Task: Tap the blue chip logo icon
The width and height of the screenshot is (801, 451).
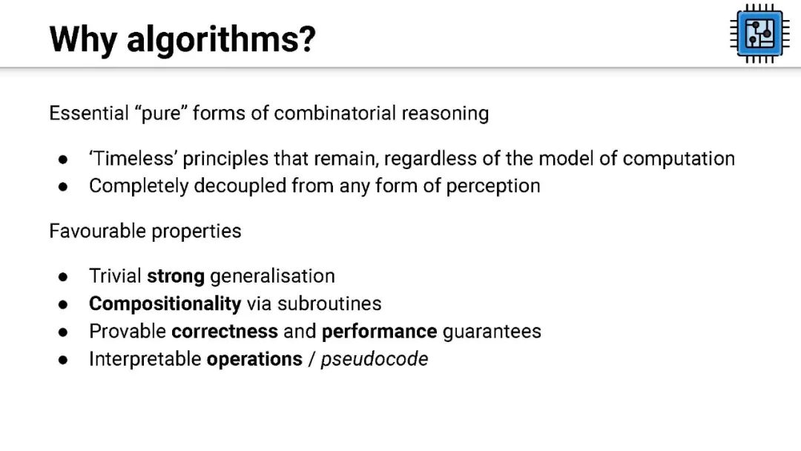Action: click(x=759, y=34)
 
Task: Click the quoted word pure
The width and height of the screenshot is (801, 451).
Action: click(x=161, y=113)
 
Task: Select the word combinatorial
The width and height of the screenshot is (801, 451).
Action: click(x=334, y=113)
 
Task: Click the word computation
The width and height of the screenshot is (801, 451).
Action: click(x=679, y=159)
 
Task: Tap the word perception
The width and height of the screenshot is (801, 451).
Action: click(x=493, y=186)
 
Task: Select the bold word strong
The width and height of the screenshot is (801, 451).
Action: click(x=176, y=277)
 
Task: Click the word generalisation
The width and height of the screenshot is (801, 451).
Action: click(x=272, y=277)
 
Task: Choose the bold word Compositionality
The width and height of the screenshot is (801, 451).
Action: click(x=165, y=304)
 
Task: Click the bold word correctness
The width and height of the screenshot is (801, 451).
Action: click(x=225, y=332)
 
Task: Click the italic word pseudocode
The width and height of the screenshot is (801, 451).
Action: click(x=375, y=359)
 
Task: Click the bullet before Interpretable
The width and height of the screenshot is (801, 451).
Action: click(x=63, y=360)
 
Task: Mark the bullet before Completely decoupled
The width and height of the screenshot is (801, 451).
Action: click(x=63, y=187)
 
